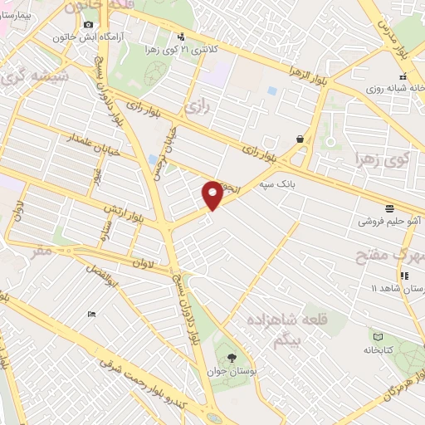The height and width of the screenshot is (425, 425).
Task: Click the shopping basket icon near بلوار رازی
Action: tap(298, 139)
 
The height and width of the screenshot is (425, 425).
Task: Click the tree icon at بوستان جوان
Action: tap(242, 354)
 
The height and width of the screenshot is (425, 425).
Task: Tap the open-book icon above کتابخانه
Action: tap(379, 337)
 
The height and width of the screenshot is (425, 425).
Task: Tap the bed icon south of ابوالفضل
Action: tap(90, 313)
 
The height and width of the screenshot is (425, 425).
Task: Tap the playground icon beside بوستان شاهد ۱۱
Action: tap(404, 276)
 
